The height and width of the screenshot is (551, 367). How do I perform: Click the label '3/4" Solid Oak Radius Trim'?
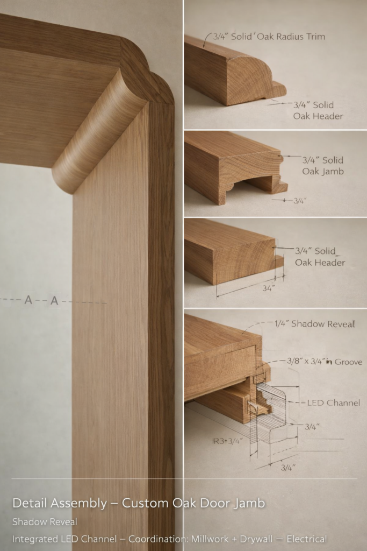point(269,37)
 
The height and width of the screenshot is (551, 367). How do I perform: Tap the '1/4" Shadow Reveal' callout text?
point(315,323)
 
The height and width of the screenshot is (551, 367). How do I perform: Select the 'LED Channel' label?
point(334,402)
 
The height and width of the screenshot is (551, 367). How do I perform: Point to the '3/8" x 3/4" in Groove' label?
point(325,362)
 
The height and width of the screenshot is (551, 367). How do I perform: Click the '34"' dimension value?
point(269,288)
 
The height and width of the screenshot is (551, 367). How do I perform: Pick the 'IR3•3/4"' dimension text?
point(227,441)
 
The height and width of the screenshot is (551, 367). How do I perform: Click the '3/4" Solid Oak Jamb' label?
point(323,166)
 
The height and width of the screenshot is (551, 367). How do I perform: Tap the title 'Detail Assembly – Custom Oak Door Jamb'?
point(139,503)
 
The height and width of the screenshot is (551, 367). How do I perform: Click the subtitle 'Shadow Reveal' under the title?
point(45,522)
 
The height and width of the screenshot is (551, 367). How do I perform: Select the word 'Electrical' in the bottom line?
point(307,539)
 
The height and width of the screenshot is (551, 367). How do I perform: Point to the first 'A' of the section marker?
point(28,300)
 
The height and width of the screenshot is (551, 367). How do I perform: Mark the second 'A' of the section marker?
point(54,301)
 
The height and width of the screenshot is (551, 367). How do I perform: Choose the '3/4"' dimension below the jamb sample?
point(300,201)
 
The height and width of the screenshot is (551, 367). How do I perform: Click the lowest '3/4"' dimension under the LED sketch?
point(288,468)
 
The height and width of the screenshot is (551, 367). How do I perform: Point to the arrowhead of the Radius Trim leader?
point(204,46)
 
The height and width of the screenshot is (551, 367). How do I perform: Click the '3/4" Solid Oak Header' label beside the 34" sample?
point(320,257)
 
